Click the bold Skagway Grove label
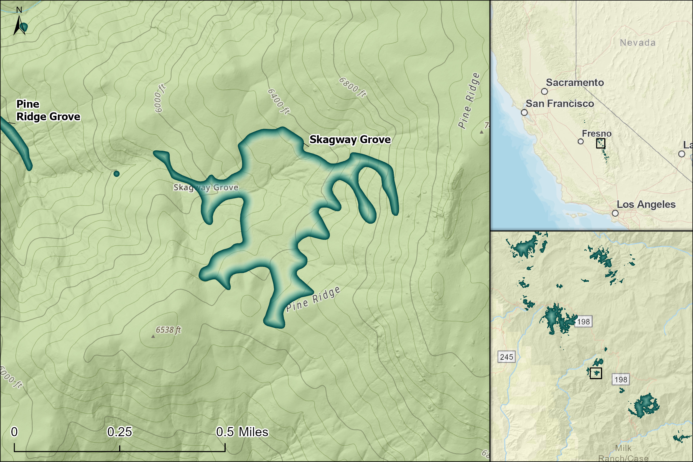click(350, 139)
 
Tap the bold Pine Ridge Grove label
click(48, 111)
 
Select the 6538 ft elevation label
click(168, 330)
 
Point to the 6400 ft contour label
click(278, 101)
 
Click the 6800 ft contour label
click(352, 87)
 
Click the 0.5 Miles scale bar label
click(242, 432)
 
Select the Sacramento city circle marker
click(544, 91)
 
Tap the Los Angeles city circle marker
click(615, 213)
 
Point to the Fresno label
click(596, 134)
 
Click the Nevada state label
click(638, 43)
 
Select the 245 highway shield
click(506, 357)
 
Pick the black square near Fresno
click(600, 144)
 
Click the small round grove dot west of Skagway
click(116, 173)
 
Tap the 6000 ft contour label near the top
click(160, 98)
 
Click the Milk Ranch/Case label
click(623, 453)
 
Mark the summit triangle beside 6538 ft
click(153, 336)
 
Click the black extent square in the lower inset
click(595, 373)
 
